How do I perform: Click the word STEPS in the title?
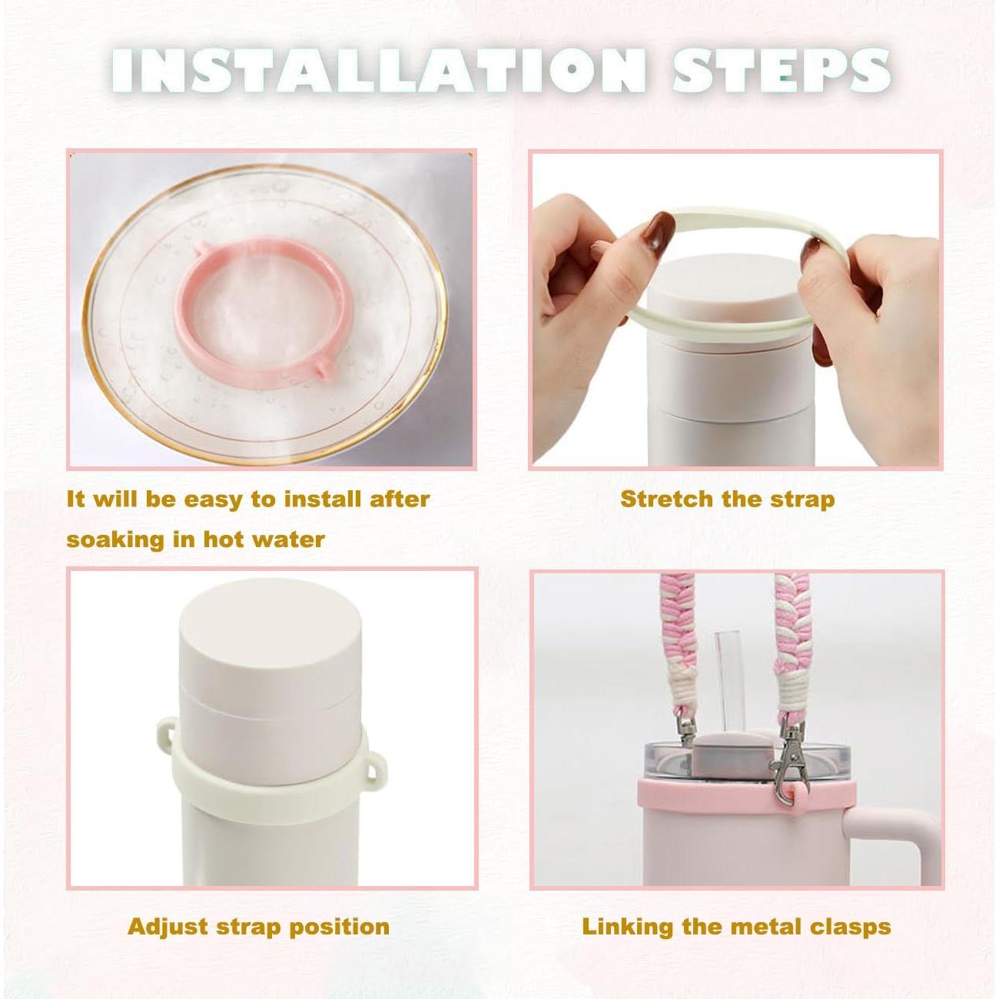point(781,71)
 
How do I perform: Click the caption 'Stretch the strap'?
point(727,499)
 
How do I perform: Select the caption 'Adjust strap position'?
point(258,927)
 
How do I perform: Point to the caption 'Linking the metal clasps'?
point(736,927)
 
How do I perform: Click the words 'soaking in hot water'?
point(195,539)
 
